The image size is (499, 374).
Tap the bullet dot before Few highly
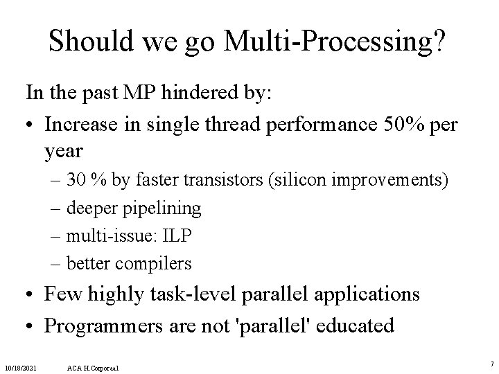(31, 294)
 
